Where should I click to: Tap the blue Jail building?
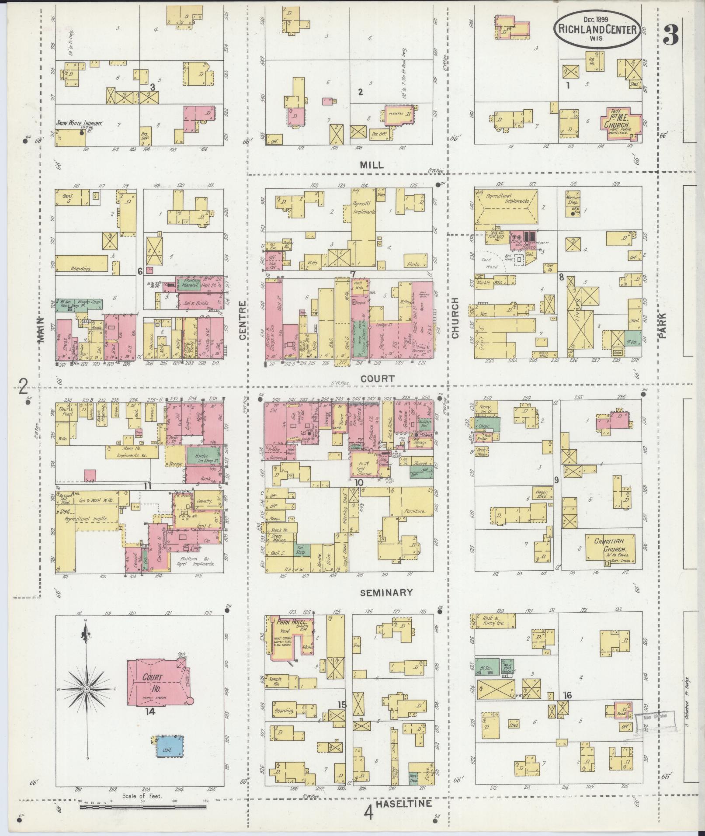tap(170, 746)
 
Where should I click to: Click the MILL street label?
tap(372, 165)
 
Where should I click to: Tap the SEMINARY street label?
tap(386, 593)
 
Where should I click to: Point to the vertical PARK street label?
tap(662, 326)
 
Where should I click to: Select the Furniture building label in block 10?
tap(415, 510)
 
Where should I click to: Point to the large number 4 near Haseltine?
tap(369, 812)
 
